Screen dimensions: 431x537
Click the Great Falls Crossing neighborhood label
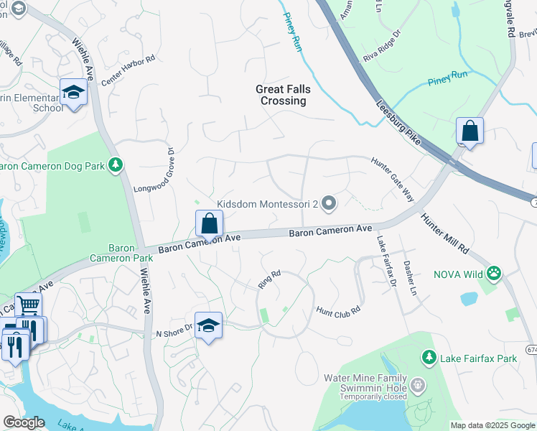tap(281, 95)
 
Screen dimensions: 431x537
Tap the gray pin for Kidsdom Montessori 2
tap(329, 205)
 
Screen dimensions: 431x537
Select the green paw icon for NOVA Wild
tap(493, 273)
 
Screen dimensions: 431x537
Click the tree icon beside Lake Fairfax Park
tap(429, 357)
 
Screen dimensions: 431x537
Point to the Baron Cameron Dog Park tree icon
tap(115, 166)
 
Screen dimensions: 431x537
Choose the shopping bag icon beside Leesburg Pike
tap(470, 131)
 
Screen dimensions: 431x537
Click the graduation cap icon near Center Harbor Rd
tap(73, 92)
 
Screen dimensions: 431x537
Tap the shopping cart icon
tap(28, 306)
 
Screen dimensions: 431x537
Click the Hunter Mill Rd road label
tap(444, 233)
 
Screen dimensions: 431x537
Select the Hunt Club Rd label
tap(337, 310)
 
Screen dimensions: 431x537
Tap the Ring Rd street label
tap(269, 279)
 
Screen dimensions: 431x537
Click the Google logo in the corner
tap(24, 422)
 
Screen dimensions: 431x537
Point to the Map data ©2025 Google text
tap(492, 425)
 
